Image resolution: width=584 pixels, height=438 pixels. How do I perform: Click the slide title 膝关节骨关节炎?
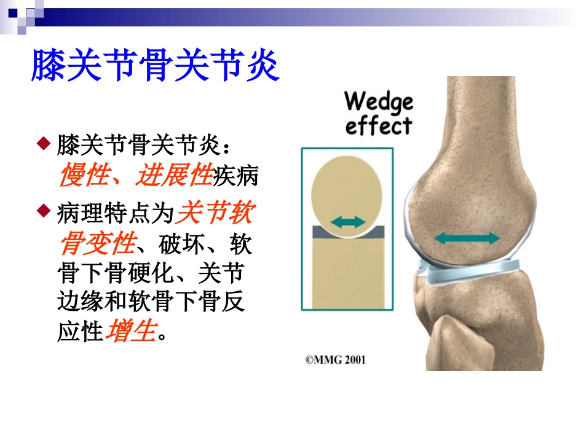pyautogui.click(x=155, y=66)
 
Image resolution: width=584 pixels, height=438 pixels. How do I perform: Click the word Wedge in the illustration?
pyautogui.click(x=379, y=101)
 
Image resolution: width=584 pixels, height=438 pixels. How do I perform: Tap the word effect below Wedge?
pyautogui.click(x=378, y=126)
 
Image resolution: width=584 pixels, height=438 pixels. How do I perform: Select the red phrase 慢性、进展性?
pyautogui.click(x=135, y=178)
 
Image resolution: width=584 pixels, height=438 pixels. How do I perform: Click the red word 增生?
pyautogui.click(x=130, y=332)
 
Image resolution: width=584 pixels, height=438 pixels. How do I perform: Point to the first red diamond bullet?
pyautogui.click(x=42, y=145)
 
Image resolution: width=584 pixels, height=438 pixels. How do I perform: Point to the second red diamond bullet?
pyautogui.click(x=42, y=211)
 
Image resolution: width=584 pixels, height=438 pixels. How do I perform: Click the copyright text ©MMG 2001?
pyautogui.click(x=335, y=359)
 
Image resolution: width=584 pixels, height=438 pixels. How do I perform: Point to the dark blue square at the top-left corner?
pyautogui.click(x=13, y=11)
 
